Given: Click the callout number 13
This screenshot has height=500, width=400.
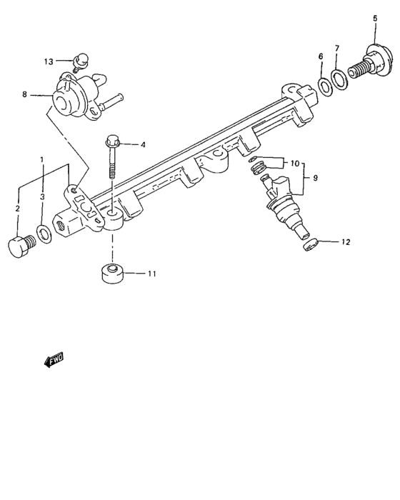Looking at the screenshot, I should click(x=49, y=61).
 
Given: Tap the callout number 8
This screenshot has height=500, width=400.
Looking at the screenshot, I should click(x=24, y=94).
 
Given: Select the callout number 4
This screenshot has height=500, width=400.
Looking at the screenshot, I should click(x=143, y=145).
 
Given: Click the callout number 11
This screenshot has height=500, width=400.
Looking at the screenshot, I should click(x=151, y=274).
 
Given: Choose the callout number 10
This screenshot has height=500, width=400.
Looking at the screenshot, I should click(x=295, y=164).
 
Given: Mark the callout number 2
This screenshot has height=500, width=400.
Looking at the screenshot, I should click(x=18, y=208).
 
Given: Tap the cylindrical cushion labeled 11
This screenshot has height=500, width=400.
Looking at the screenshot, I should click(x=111, y=274).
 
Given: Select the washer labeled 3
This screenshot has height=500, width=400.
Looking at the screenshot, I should click(x=43, y=233).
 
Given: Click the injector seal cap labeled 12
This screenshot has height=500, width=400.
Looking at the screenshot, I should click(x=308, y=246).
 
